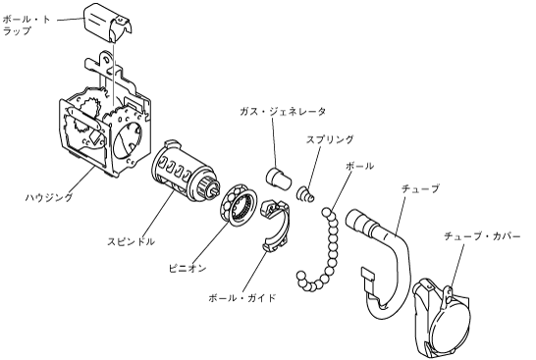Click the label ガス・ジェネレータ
pos(283,112)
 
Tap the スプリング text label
pos(330,139)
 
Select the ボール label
pos(359,166)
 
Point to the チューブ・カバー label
pos(482,236)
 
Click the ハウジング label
pos(49,197)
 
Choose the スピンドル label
pos(131,241)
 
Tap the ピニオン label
pos(188,268)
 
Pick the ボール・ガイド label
pos(242,298)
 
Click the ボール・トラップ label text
pos(26,25)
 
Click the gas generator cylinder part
pos(279,178)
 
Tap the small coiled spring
pos(305,194)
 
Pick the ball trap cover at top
pos(108,22)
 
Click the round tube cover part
pos(442,318)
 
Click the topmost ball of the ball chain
pos(325,213)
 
